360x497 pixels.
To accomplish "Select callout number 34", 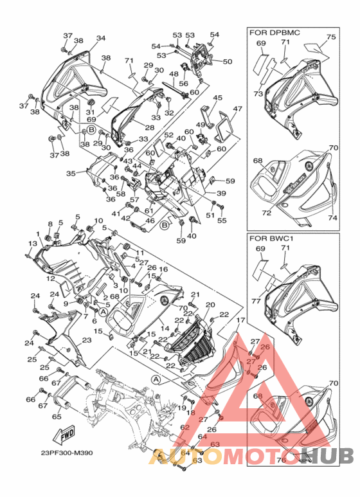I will coord(101,39).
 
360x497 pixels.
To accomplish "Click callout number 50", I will coord(227,62).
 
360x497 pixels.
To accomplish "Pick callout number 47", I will coord(237,109).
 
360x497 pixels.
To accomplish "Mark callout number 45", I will coord(218,98).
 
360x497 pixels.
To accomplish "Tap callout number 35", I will coord(71,173).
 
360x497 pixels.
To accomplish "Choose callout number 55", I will coord(222,221).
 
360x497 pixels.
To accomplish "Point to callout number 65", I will coord(56,417).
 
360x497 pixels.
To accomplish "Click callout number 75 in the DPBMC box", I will coord(331,37).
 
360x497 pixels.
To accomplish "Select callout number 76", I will coord(281,460).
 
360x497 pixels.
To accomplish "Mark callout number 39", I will coord(221,194).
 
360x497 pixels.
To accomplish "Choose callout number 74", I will coord(333,218).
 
